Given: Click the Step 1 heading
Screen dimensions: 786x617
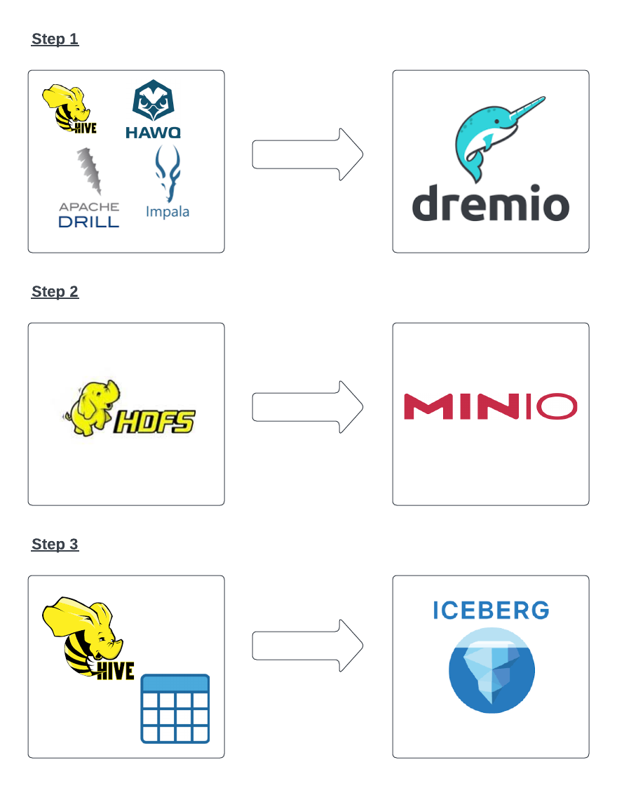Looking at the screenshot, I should pos(55,39).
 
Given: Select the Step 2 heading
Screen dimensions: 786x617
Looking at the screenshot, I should pos(55,292).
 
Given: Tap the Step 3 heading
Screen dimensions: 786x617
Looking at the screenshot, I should pos(55,545).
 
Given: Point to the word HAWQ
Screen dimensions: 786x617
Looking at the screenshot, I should pos(154,132).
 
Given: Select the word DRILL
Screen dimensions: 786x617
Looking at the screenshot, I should pos(89,222).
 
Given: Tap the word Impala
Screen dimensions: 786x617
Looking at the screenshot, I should pos(168,211).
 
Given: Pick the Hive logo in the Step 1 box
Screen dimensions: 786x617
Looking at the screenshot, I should pos(68,109).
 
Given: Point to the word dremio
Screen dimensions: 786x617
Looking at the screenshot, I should pos(491,204).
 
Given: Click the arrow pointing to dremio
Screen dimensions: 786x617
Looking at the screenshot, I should pos(307,154).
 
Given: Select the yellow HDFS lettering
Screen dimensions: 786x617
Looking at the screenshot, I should pos(154,420).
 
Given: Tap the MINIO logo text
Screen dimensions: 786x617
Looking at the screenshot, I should pos(490,407).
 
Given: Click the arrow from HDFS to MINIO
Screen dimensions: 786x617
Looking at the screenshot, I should pos(307,407).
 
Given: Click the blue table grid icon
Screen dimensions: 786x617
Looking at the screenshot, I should pos(175,708).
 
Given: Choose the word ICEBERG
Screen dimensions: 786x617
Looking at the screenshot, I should pos(491,610).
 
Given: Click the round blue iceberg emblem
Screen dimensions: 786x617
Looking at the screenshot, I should pos(491,670).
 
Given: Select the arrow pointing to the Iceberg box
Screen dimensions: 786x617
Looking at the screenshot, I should pos(307,646).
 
